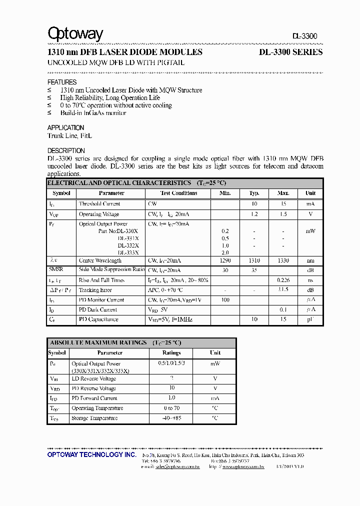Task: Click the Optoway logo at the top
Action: (x=75, y=34)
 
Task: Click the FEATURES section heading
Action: (x=62, y=82)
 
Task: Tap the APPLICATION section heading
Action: (x=65, y=128)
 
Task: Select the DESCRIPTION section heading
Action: (x=66, y=150)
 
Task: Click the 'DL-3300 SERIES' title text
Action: (x=290, y=52)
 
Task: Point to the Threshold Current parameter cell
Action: (x=99, y=204)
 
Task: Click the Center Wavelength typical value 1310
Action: (x=254, y=260)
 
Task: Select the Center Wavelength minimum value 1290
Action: (x=225, y=260)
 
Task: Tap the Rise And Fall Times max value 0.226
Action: (x=283, y=280)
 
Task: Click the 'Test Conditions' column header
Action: (x=178, y=193)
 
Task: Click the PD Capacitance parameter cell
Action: (x=98, y=319)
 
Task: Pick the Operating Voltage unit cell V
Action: (x=310, y=214)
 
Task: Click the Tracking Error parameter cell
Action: (x=95, y=290)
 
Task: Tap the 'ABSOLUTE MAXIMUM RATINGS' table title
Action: (x=98, y=342)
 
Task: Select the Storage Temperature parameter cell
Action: (x=94, y=418)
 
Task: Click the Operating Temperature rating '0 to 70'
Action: (x=171, y=408)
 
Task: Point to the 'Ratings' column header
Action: (x=171, y=352)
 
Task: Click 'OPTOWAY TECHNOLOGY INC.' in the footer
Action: (x=91, y=454)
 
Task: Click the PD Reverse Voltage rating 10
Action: (x=171, y=388)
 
